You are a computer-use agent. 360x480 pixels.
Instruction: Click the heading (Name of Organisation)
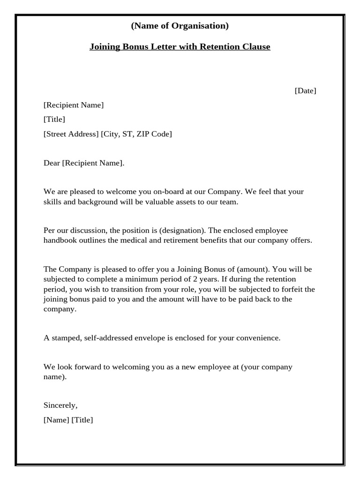pyautogui.click(x=180, y=26)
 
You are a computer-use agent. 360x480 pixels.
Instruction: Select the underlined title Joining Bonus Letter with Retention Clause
pyautogui.click(x=180, y=47)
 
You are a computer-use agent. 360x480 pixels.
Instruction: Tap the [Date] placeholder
pyautogui.click(x=305, y=90)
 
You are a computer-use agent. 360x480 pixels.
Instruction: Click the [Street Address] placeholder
pyautogui.click(x=71, y=134)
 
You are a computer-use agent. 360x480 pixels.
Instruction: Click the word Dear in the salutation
pyautogui.click(x=52, y=163)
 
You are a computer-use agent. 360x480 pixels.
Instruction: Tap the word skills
pyautogui.click(x=52, y=202)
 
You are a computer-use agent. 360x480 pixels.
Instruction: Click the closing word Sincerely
pyautogui.click(x=60, y=405)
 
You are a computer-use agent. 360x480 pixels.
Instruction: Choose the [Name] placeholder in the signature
pyautogui.click(x=56, y=420)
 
